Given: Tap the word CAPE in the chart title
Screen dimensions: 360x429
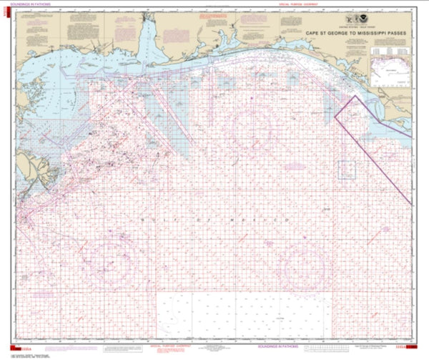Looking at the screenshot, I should [x=311, y=33].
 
